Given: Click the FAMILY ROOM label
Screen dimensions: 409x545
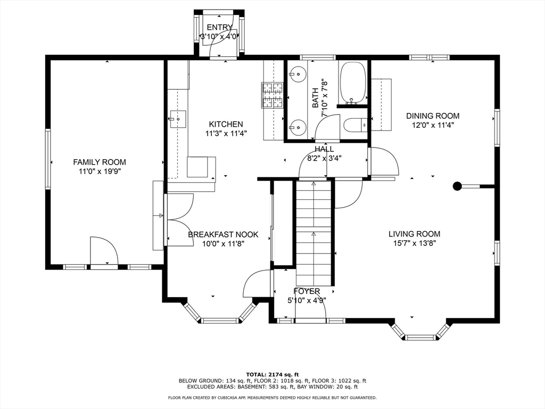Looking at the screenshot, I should coord(100,162).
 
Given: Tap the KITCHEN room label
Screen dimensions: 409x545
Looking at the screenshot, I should coord(226,124).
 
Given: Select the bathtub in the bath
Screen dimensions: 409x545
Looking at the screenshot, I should coord(353,83).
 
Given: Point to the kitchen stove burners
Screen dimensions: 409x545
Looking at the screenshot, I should coord(272,96).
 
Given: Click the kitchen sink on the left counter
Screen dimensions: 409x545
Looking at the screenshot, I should coord(178,117).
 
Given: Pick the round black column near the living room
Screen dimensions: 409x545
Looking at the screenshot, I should coord(457,186).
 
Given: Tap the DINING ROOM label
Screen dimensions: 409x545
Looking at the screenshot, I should coord(433,116).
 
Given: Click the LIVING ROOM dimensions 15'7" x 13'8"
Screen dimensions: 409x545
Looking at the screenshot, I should coord(414,243).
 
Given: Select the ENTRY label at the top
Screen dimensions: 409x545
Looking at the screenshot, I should coord(219,28).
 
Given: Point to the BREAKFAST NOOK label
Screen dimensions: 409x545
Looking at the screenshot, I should coord(223,234).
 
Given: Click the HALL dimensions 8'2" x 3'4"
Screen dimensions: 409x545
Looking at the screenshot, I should coord(324,158).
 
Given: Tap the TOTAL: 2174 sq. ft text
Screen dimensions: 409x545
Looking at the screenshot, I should coord(272,374).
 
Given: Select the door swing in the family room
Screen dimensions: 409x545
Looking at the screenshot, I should coord(103,250).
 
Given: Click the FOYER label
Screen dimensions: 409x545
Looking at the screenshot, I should coord(307,291).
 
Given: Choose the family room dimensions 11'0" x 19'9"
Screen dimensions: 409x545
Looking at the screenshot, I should coord(100,171).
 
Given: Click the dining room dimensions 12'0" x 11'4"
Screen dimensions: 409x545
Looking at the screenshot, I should coord(433,125).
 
